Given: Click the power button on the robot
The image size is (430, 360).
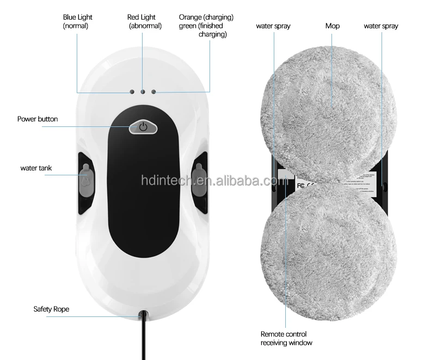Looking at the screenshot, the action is click(x=143, y=127).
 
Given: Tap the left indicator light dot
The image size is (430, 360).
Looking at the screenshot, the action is click(x=132, y=91).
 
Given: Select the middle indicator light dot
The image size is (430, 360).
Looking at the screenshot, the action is click(x=143, y=91).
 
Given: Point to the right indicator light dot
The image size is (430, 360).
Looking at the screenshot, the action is click(x=153, y=91).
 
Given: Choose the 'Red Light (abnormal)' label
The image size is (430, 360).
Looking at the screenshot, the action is click(x=142, y=21).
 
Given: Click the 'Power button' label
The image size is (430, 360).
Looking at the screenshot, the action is click(x=38, y=119).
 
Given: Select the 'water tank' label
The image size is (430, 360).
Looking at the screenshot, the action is click(x=36, y=168).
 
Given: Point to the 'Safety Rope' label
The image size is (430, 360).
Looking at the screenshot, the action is click(x=51, y=309).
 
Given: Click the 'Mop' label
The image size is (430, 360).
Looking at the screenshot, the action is click(x=333, y=26).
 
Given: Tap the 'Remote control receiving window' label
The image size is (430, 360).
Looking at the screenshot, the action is click(x=286, y=338).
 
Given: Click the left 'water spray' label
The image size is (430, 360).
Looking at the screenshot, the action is click(x=273, y=26).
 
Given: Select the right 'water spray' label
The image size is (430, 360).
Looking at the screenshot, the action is click(x=381, y=26).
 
